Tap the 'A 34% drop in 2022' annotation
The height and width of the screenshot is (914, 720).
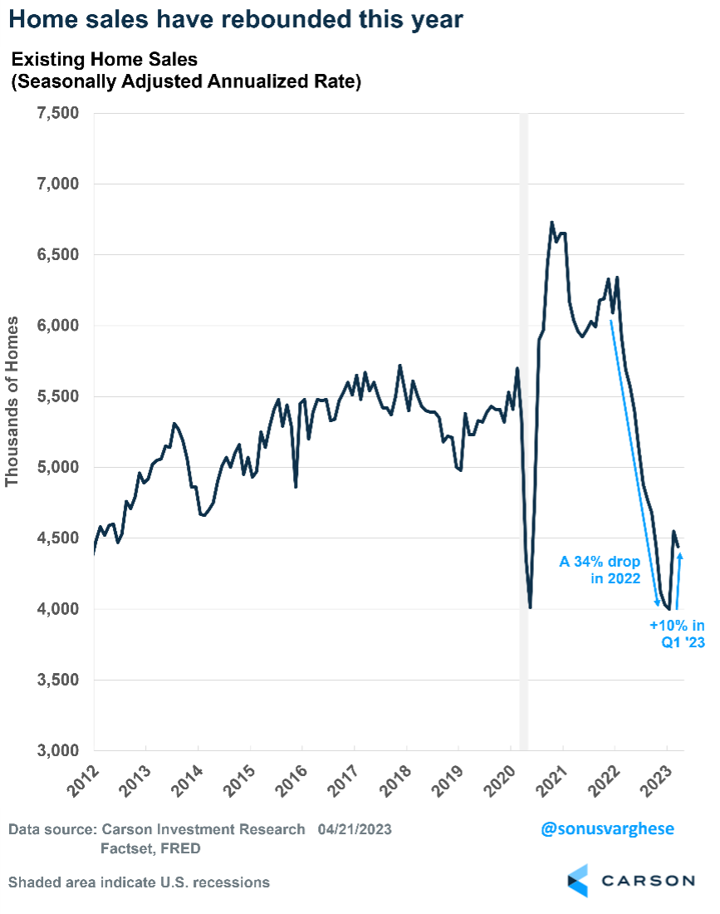tap(600, 570)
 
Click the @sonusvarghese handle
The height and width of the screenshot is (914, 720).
tap(607, 828)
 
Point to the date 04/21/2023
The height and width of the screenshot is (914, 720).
tap(355, 829)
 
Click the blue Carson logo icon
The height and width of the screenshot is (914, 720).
tap(578, 880)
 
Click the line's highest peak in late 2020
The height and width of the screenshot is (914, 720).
tap(552, 223)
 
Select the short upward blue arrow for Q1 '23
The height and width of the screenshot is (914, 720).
tap(679, 582)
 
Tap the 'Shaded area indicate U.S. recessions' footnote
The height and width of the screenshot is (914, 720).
tap(140, 882)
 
